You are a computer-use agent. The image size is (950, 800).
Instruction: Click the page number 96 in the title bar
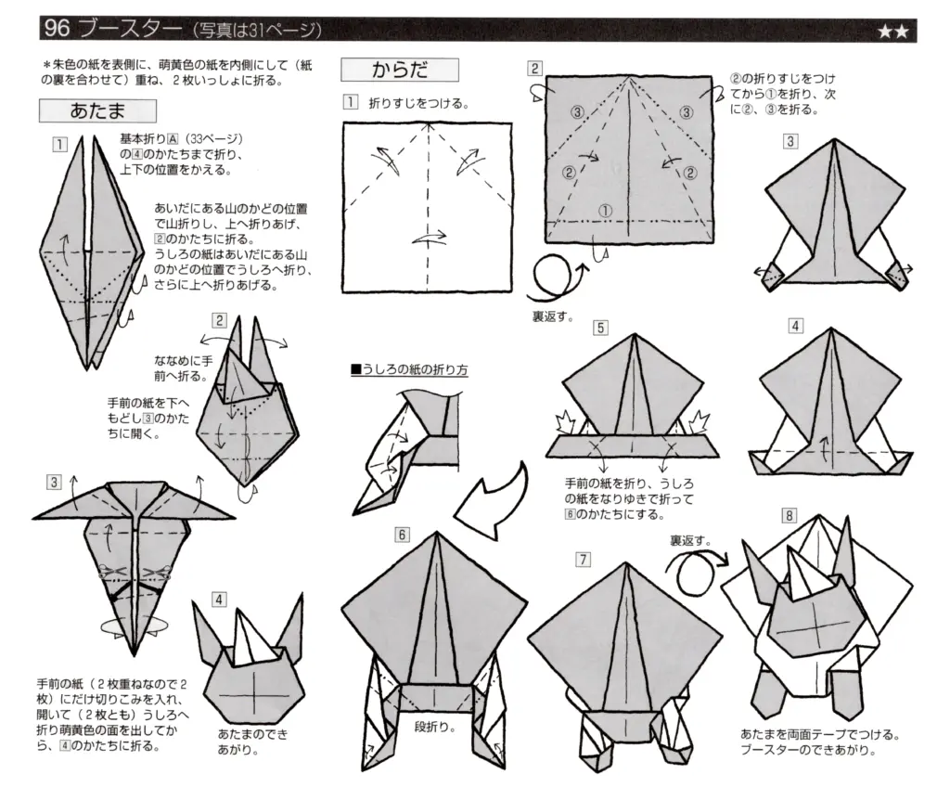(57, 29)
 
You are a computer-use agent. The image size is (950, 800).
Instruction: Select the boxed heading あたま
(96, 110)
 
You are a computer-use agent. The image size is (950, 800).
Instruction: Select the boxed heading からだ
(399, 70)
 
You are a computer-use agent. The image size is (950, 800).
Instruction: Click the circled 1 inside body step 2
(605, 211)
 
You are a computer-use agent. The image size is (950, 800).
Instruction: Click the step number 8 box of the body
(789, 515)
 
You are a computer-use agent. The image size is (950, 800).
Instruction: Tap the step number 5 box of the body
(601, 328)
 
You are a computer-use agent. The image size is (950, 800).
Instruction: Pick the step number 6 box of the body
(402, 534)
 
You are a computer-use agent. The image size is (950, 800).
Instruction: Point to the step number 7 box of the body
(583, 559)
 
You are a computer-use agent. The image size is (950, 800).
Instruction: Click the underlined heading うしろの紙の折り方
(409, 369)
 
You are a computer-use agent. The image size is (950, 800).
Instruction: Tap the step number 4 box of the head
(219, 599)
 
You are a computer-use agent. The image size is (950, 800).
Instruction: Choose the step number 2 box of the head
(219, 320)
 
